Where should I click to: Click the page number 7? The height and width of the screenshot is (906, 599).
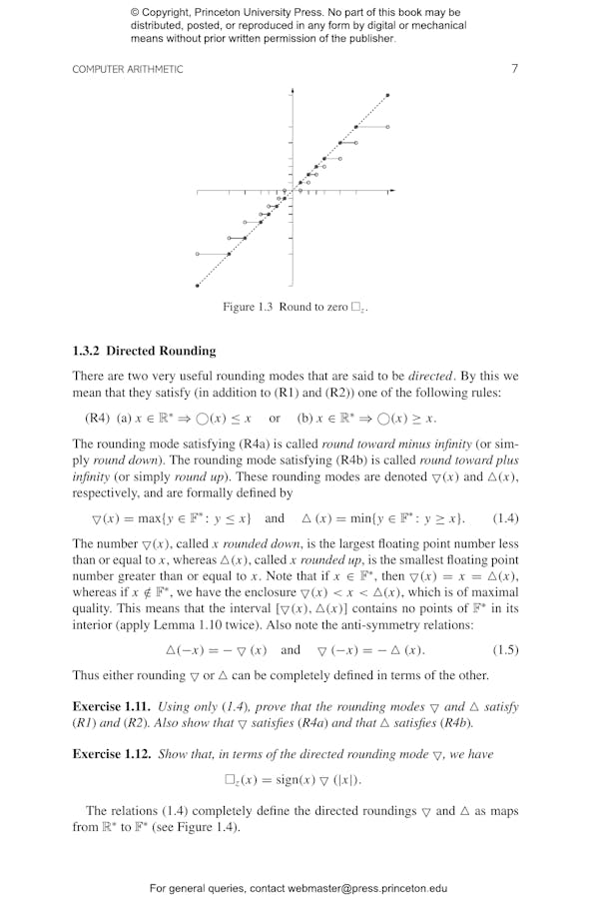point(514,69)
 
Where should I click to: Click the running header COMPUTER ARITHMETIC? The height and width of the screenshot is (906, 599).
point(128,69)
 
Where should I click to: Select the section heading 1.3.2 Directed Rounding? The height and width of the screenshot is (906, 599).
point(144,351)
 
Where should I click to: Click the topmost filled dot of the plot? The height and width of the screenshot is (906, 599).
point(387,95)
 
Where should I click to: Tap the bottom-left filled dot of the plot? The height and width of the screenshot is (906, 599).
point(198,286)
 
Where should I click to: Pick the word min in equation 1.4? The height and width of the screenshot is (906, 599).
point(352,518)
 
